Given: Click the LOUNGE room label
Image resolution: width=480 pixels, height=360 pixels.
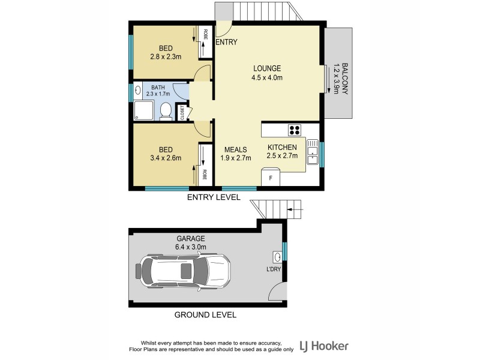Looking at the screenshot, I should (x=267, y=68).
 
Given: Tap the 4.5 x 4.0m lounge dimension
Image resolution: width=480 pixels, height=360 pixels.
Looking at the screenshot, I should (x=267, y=77).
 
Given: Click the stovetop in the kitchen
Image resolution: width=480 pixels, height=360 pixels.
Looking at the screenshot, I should (x=295, y=130).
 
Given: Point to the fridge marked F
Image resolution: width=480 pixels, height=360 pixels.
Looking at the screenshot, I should (x=271, y=178).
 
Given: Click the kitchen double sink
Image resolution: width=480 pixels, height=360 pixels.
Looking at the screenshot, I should (x=311, y=151).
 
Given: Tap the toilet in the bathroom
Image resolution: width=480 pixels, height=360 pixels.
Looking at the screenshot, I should (x=166, y=111).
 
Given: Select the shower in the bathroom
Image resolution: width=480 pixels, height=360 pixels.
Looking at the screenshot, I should (x=145, y=110).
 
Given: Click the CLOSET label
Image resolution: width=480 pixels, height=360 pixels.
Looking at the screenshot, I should (x=182, y=112).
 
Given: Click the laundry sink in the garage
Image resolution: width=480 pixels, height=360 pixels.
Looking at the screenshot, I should (x=277, y=257).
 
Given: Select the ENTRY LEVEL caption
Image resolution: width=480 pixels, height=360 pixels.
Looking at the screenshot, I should (x=214, y=197).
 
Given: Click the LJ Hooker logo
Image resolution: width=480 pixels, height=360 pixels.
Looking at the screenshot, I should (x=325, y=346).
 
